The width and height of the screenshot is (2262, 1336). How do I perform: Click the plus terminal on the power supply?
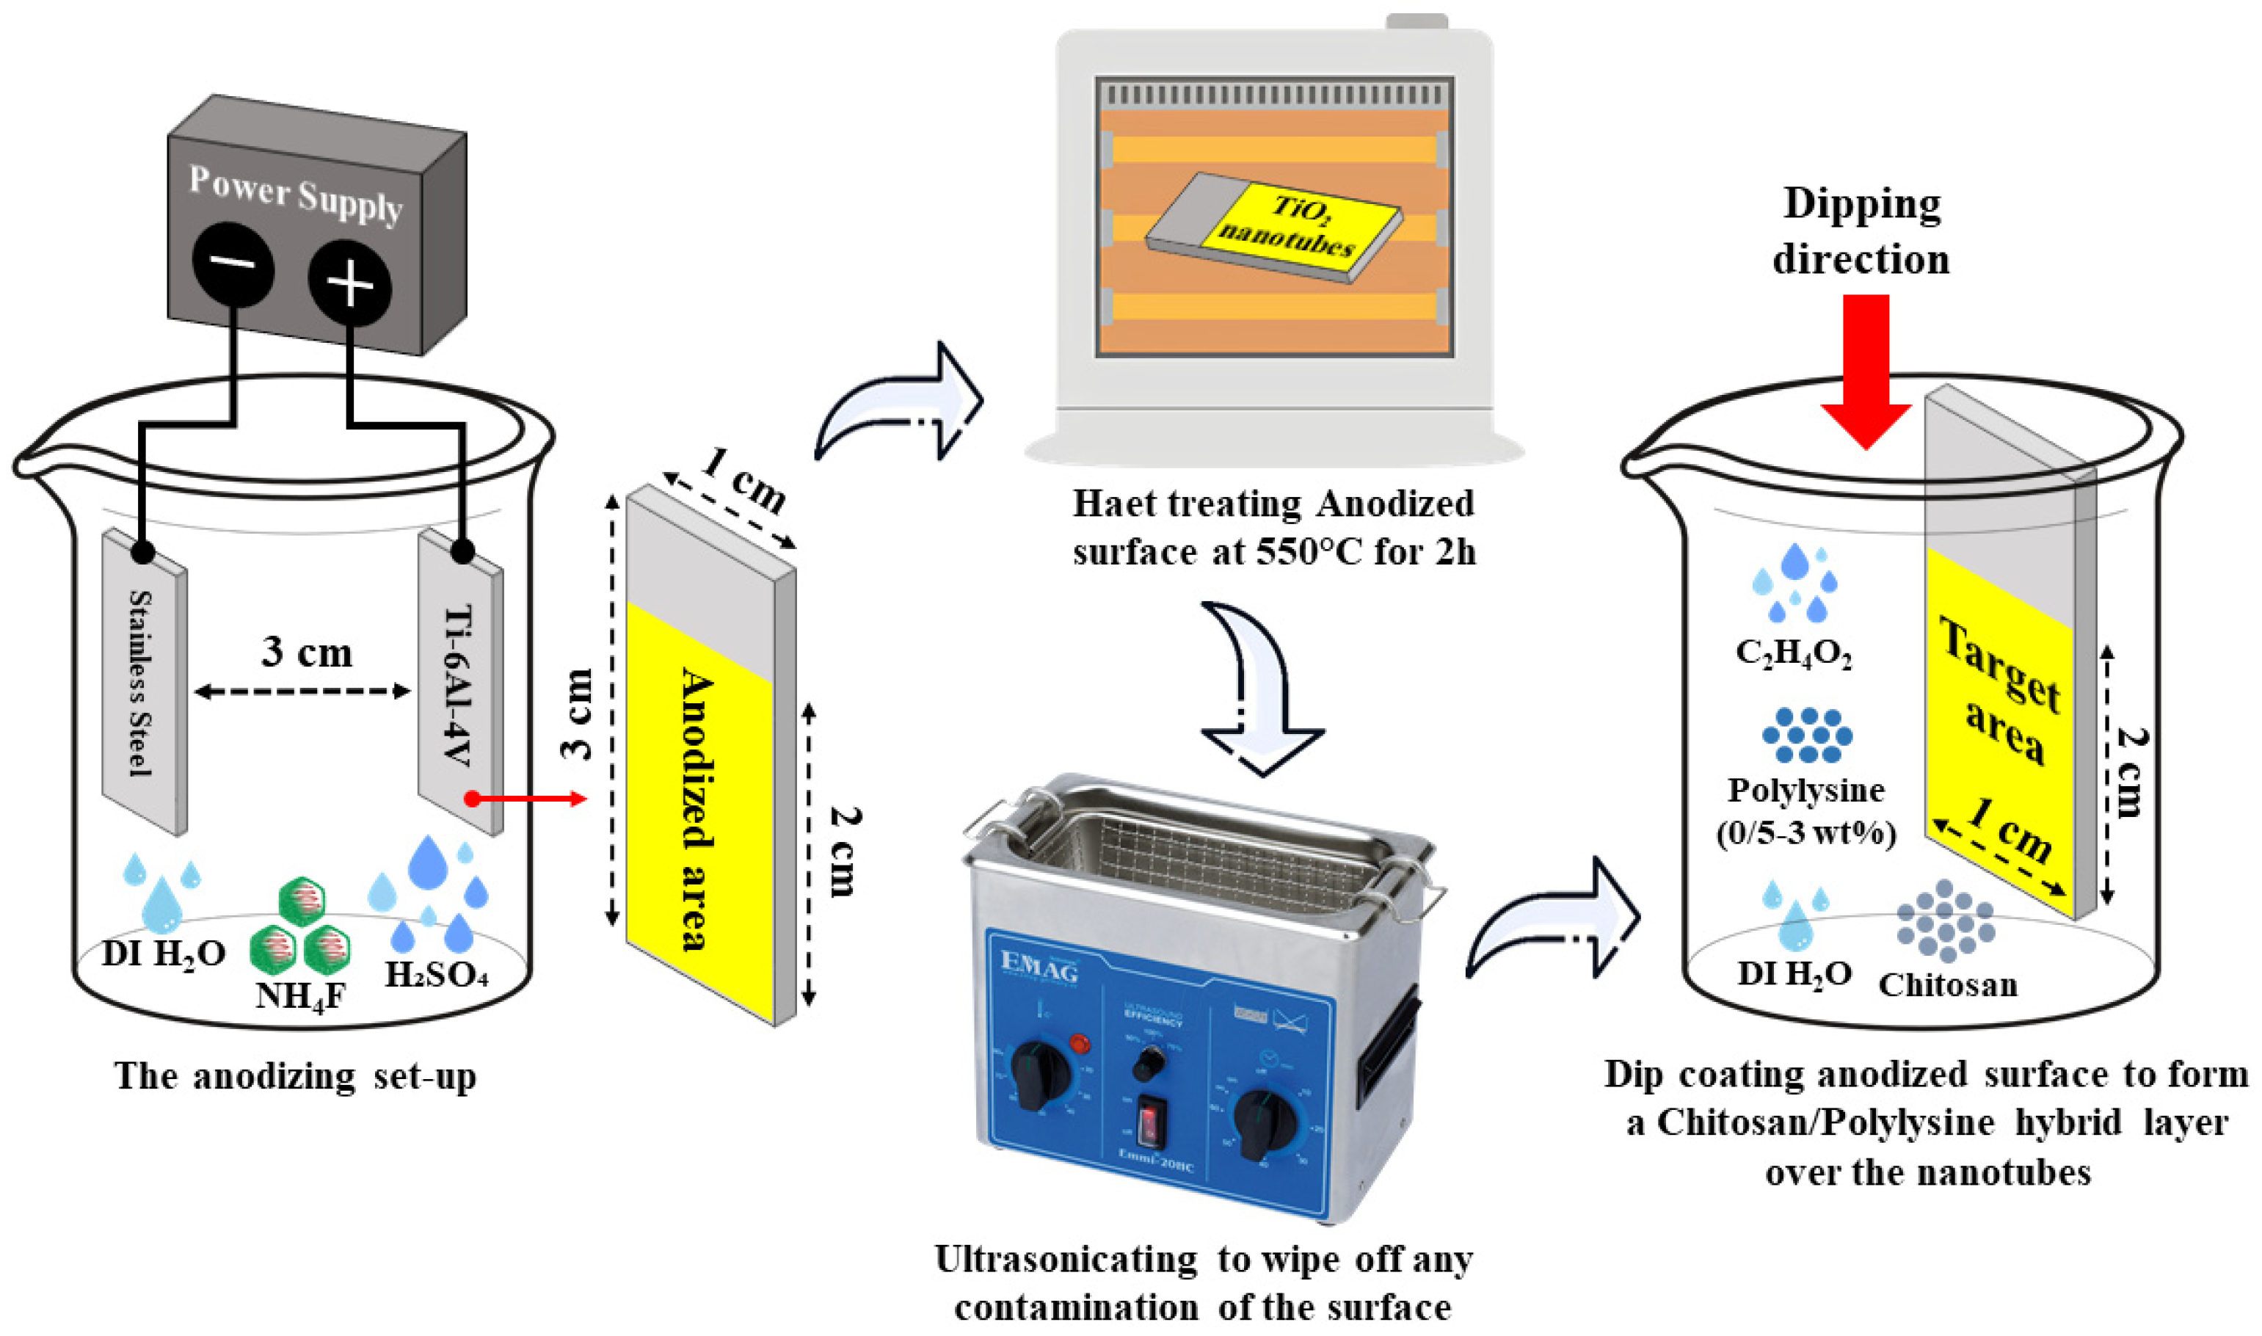[x=349, y=283]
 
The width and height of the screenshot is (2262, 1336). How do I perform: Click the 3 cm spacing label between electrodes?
[x=307, y=653]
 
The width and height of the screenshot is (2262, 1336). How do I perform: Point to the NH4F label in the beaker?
[x=299, y=995]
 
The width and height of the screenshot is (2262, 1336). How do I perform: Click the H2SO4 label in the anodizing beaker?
[x=437, y=974]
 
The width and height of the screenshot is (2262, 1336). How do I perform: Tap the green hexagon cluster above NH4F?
[x=301, y=928]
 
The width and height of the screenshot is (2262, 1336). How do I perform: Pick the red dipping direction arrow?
[x=1865, y=369]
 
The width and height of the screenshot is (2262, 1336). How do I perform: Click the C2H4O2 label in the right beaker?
[x=1794, y=653]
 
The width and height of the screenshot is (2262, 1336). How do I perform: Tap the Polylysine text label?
[x=1805, y=791]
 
